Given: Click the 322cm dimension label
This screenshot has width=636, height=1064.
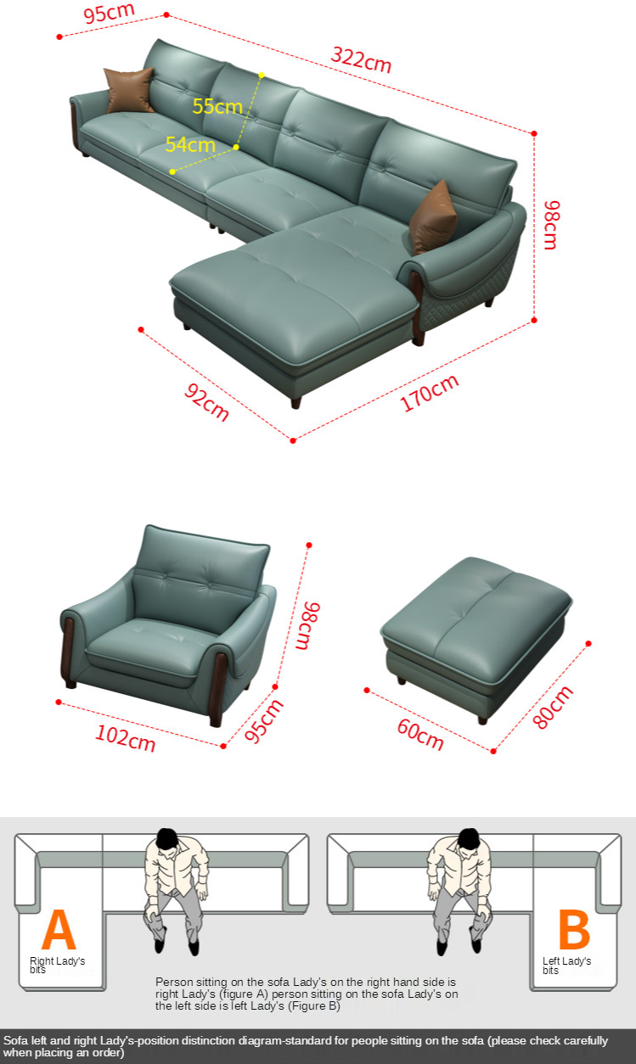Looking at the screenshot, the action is [361, 59].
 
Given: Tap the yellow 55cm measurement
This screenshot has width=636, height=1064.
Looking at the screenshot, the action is [217, 106].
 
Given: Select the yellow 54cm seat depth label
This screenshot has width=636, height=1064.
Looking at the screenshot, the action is [190, 144].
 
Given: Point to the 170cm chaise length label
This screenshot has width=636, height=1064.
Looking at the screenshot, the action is [429, 393].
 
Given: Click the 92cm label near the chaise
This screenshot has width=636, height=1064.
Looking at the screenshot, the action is [207, 402].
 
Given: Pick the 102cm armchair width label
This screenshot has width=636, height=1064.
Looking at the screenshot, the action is [126, 738].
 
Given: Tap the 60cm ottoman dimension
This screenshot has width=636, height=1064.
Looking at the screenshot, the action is [420, 734].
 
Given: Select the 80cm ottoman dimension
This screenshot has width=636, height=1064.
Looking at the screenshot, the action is [553, 708].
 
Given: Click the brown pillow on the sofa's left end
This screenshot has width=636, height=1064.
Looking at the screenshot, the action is [129, 90].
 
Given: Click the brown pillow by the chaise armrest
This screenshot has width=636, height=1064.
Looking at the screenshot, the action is [432, 217].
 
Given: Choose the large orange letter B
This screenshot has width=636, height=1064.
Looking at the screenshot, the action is [574, 929].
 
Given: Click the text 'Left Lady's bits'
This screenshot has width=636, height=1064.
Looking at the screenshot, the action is [566, 966].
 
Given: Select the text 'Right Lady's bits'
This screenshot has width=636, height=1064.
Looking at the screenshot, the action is [57, 966].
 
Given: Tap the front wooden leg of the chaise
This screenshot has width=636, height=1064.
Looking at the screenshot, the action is [296, 403].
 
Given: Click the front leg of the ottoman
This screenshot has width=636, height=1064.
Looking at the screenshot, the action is [482, 720].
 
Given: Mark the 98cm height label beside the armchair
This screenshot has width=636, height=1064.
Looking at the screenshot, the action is [307, 626].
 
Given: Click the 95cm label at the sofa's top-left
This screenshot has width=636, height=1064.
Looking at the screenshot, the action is [109, 13].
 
